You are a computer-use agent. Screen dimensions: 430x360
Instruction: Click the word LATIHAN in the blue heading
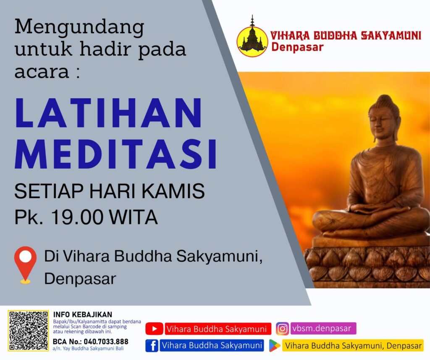pyautogui.click(x=109, y=112)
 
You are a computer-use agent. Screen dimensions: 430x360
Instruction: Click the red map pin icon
pyautogui.click(x=25, y=265)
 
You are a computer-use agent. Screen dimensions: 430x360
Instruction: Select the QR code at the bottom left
pyautogui.click(x=28, y=330)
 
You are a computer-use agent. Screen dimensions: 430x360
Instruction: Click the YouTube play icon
pyautogui.click(x=154, y=329)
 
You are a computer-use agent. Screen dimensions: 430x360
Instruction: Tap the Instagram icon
pyautogui.click(x=283, y=329)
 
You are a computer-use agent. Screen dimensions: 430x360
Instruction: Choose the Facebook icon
pyautogui.click(x=152, y=345)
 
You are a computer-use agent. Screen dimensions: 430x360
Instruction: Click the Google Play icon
pyautogui.click(x=274, y=345)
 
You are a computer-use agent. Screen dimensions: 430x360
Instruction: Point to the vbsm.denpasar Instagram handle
pyautogui.click(x=322, y=328)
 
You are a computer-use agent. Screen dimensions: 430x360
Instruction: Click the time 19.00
pyautogui.click(x=77, y=217)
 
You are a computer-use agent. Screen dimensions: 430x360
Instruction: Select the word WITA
pyautogui.click(x=133, y=217)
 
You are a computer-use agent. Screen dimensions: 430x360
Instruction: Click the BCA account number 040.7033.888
pyautogui.click(x=106, y=342)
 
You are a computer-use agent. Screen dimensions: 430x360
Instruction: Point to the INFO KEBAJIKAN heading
pyautogui.click(x=83, y=315)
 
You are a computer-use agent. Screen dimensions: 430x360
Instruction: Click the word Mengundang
pyautogui.click(x=79, y=27)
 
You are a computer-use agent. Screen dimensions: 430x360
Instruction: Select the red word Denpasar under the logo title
pyautogui.click(x=297, y=47)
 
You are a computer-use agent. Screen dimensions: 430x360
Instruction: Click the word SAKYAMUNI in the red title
pyautogui.click(x=391, y=36)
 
